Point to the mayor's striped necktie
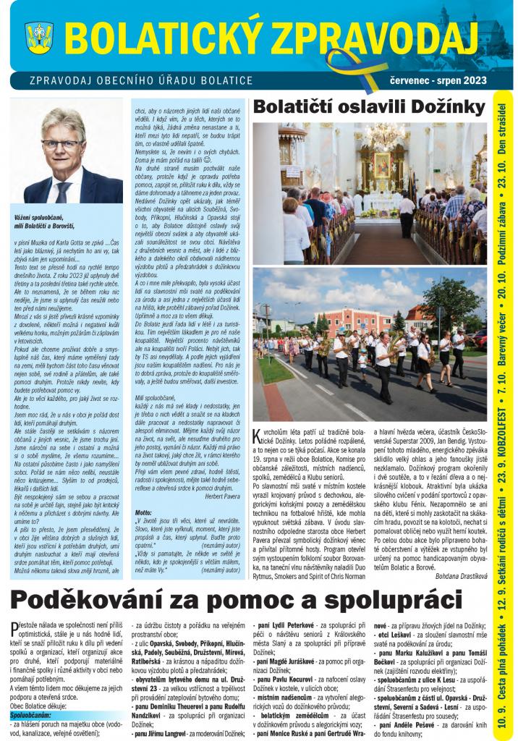click(64, 190)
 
